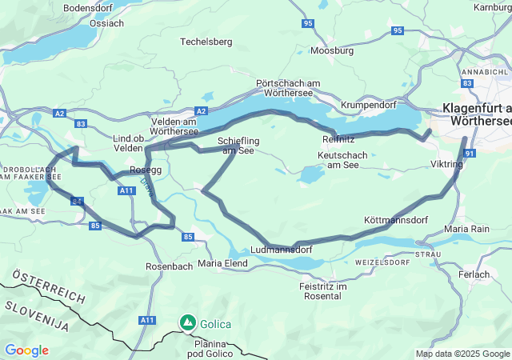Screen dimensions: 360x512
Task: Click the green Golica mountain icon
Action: (x=188, y=322)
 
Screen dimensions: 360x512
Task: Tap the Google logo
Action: (x=26, y=350)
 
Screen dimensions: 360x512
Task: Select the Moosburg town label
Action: (x=331, y=50)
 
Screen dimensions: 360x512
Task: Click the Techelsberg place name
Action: (x=206, y=41)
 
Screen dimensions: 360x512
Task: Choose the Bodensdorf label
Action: (x=90, y=7)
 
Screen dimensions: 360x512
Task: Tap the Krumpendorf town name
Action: (x=369, y=105)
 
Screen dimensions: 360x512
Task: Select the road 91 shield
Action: (x=470, y=154)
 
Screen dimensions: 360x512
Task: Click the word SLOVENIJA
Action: (x=38, y=313)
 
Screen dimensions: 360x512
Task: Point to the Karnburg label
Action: (x=492, y=7)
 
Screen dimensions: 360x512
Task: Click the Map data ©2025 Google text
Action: (x=462, y=354)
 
